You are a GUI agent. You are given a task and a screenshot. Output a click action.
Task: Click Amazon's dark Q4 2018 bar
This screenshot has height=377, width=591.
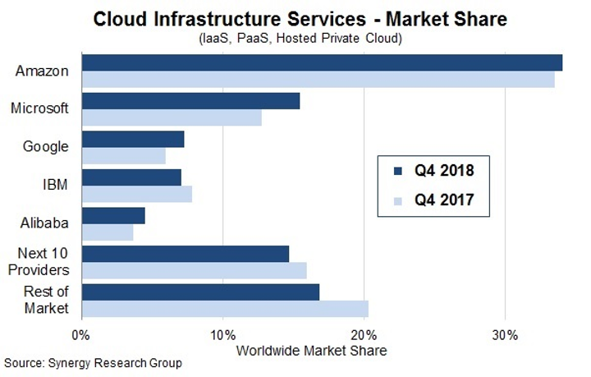pos(322,63)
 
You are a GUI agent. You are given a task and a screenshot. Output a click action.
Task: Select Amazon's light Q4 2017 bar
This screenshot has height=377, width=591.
pos(318,80)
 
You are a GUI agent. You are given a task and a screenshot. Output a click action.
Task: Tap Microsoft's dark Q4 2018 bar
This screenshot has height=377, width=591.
pos(190,101)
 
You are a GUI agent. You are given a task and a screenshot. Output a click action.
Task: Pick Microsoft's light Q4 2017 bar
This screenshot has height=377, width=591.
pos(172,118)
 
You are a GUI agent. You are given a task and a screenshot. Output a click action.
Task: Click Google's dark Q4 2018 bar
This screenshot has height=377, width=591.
pos(133,140)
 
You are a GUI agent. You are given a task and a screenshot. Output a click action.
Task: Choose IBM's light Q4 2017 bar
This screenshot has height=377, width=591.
pos(137,194)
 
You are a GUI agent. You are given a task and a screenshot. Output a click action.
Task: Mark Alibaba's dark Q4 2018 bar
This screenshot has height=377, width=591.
pos(113,215)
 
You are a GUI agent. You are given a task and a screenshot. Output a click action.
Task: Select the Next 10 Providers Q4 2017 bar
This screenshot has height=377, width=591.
pos(195,270)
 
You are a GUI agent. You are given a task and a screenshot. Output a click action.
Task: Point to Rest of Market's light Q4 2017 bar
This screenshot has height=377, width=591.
pos(225,308)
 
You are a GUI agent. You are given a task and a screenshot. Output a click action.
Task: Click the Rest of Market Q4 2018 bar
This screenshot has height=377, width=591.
pos(200,292)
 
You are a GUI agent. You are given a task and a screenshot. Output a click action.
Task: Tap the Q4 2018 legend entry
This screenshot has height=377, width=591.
pos(433,171)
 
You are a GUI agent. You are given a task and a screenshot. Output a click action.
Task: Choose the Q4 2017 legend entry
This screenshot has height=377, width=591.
pos(433,200)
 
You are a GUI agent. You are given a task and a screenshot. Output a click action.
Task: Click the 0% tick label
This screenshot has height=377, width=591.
pos(80,335)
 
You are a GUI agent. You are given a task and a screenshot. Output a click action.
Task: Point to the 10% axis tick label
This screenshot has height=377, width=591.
pos(222,335)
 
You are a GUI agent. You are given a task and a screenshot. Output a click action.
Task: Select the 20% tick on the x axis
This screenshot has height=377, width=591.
pos(364,335)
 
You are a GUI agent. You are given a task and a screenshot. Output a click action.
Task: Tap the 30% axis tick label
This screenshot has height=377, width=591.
pos(505,335)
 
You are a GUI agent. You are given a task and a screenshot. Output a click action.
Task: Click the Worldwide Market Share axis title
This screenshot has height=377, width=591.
pos(310,350)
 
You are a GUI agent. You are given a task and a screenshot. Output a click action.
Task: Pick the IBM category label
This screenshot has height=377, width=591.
pos(56,185)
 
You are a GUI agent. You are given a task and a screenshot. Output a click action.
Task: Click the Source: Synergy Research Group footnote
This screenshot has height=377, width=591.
pos(93,363)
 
